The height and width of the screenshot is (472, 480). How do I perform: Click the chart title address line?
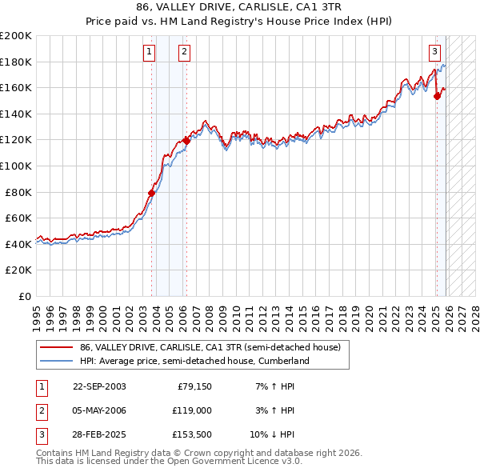240,8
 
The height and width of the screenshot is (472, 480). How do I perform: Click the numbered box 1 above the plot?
149,53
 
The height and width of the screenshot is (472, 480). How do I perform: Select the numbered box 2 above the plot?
184,53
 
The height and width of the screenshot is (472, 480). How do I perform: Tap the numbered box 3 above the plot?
434,53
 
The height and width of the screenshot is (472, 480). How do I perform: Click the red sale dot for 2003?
151,193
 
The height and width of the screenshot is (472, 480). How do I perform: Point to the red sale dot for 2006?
186,141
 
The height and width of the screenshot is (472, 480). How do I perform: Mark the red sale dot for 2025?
437,96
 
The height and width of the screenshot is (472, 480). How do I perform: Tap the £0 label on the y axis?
26,296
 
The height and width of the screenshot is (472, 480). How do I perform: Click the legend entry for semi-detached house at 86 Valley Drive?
210,347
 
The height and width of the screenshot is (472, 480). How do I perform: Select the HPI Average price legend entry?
194,361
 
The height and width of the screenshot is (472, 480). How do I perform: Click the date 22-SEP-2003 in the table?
99,386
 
